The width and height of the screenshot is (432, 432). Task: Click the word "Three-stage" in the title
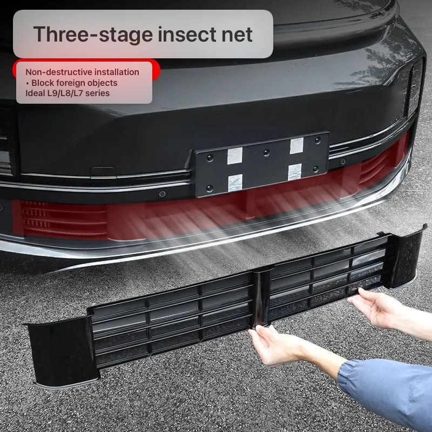coord(93,35)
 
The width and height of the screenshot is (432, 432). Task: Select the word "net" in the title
coord(237,35)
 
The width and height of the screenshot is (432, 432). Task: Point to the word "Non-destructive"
coord(59,72)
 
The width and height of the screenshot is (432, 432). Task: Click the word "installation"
coord(117,72)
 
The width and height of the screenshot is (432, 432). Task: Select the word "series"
coord(98,93)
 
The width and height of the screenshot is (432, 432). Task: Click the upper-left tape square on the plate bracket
coord(235,156)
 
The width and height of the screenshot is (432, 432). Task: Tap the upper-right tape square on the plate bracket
coord(296,145)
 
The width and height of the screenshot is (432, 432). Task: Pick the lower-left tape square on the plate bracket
coord(235,183)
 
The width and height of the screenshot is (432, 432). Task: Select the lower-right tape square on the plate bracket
coord(295,172)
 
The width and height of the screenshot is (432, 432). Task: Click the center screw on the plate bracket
coord(266,152)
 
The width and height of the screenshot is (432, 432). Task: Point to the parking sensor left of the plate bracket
coord(163,194)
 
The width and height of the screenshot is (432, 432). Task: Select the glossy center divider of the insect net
coord(261,297)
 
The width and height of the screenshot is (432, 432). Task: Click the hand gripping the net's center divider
coord(275,345)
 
